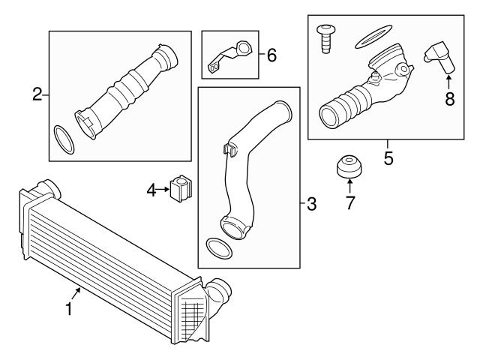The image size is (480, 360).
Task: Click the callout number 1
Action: pyautogui.click(x=69, y=308)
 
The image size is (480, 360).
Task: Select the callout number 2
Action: pyautogui.click(x=36, y=94)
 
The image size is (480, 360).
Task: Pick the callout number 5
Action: pyautogui.click(x=388, y=158)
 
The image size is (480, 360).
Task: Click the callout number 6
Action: pyautogui.click(x=271, y=55)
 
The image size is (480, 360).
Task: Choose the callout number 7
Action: pyautogui.click(x=349, y=202)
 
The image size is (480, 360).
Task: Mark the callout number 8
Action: pyautogui.click(x=449, y=98)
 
